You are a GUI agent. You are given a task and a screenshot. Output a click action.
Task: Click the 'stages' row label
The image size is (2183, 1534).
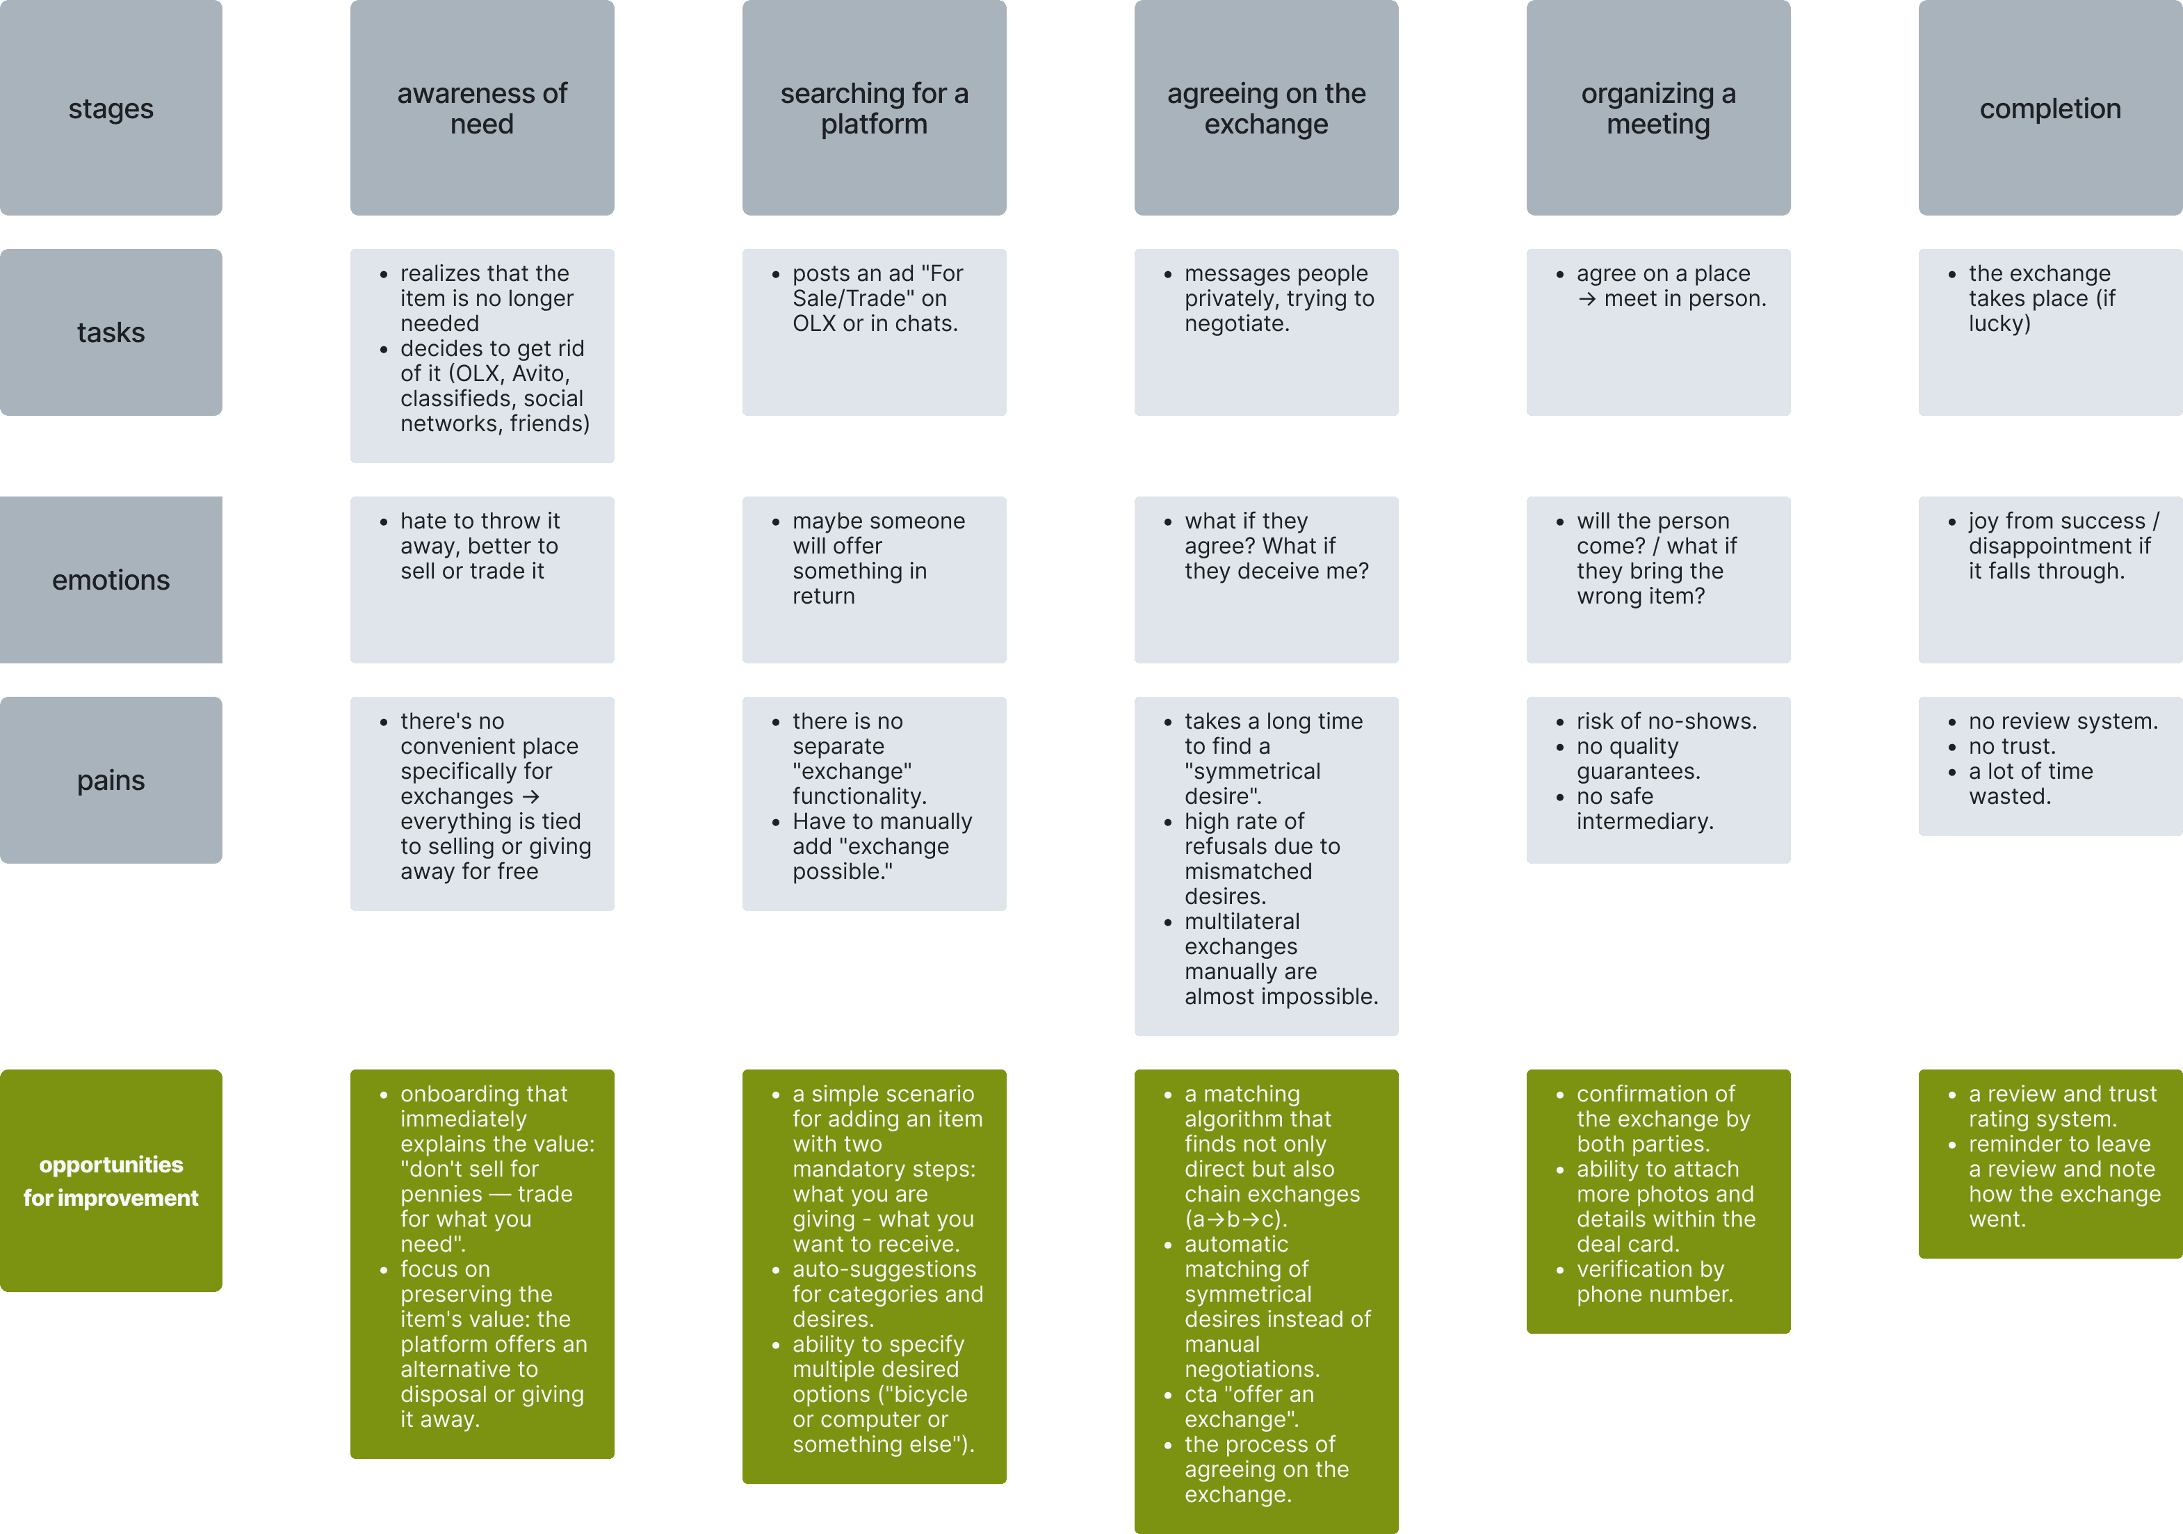(x=111, y=108)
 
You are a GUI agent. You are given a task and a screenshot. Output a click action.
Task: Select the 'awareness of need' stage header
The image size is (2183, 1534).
(x=481, y=108)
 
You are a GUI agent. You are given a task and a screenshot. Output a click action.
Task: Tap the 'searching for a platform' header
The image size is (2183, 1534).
(x=874, y=108)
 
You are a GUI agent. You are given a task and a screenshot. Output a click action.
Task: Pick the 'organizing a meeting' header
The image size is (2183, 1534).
(x=1658, y=108)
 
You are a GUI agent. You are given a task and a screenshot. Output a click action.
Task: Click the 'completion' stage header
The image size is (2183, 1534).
(x=2050, y=108)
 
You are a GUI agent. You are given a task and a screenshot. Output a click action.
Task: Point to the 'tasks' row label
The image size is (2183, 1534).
(x=111, y=332)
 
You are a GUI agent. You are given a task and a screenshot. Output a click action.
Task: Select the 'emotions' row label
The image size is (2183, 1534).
(x=111, y=579)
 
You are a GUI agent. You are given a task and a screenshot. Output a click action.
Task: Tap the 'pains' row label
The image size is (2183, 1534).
(x=111, y=780)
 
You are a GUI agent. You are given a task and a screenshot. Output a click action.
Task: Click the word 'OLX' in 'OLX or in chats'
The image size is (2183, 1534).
(x=814, y=323)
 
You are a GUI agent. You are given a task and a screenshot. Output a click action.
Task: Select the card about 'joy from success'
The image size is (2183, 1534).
(x=2050, y=579)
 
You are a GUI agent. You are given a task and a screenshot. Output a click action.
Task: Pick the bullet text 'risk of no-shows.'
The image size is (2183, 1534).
(x=1666, y=721)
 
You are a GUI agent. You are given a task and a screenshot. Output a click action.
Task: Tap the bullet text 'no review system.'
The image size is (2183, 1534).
(x=2062, y=721)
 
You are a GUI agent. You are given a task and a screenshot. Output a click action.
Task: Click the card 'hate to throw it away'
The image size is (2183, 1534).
(x=481, y=579)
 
